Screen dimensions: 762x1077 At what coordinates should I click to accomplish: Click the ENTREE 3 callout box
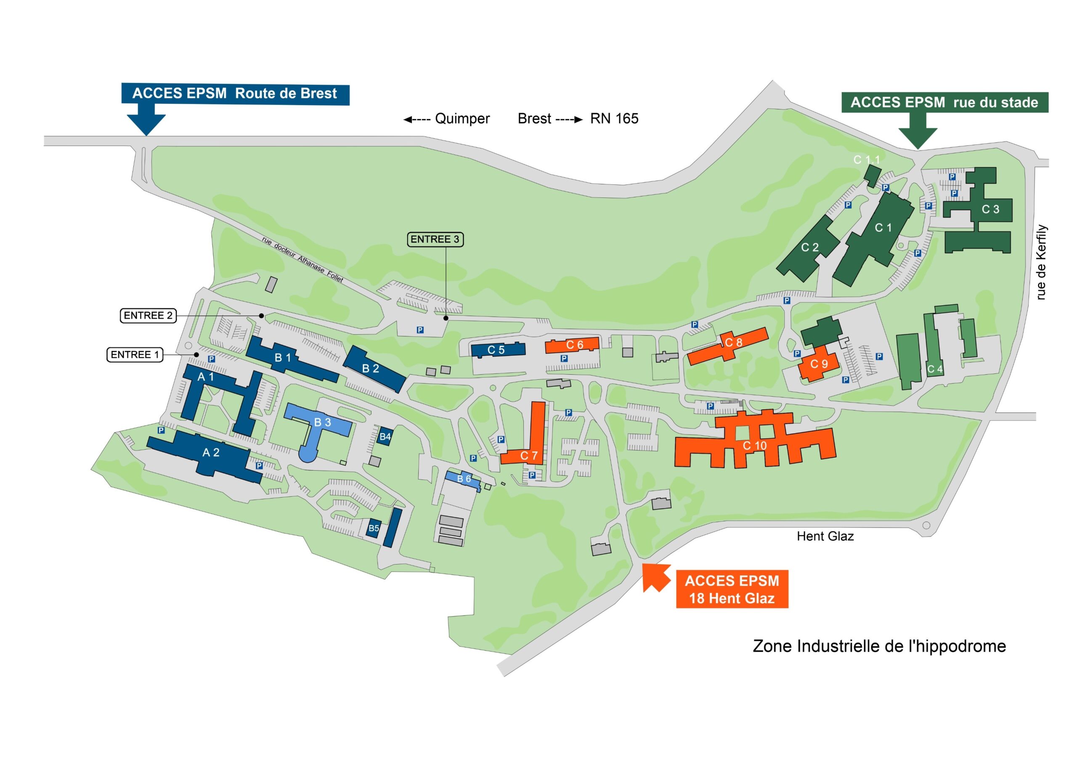[435, 240]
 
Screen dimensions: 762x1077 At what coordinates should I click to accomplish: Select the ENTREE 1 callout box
[135, 354]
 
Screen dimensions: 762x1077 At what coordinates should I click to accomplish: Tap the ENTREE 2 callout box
[148, 315]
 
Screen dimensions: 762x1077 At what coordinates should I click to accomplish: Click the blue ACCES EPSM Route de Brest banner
[235, 93]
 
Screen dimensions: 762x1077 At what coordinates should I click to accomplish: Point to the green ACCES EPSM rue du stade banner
[944, 102]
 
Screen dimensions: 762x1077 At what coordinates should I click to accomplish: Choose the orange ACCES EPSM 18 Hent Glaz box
[732, 589]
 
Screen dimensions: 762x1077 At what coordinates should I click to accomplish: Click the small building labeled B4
[385, 437]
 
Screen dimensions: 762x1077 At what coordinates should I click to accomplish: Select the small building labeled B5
[374, 528]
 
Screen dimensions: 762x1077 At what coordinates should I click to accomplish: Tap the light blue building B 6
[462, 479]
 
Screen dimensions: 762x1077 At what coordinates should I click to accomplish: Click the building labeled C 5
[497, 350]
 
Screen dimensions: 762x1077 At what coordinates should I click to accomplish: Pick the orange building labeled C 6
[573, 345]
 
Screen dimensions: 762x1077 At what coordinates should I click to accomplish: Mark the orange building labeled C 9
[818, 364]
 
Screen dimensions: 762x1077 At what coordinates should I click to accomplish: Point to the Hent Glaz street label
[825, 536]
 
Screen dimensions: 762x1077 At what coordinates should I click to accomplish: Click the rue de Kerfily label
[1041, 262]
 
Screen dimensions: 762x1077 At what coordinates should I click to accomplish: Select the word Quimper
[462, 119]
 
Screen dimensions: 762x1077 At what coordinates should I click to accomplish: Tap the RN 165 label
[614, 119]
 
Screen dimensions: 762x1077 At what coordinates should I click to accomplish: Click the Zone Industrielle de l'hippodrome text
[879, 646]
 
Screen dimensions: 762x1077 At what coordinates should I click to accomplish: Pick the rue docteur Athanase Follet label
[302, 259]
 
